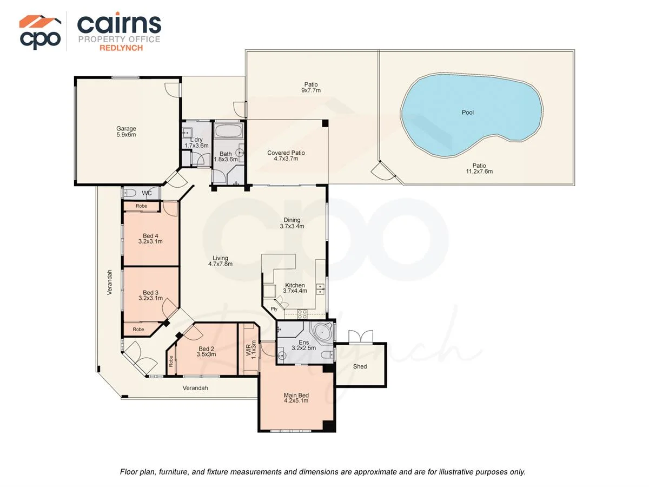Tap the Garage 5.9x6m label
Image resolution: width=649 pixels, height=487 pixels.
[x=126, y=131]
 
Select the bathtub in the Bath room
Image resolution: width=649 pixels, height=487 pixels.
[x=228, y=130]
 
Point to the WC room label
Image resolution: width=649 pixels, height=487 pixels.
[x=147, y=193]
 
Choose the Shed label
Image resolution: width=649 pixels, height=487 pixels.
[x=360, y=366]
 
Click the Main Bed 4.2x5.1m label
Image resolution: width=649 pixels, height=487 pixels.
[x=296, y=398]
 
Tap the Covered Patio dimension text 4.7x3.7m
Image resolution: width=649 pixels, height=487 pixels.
[x=286, y=159]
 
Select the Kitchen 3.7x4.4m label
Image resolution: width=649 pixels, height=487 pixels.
[x=295, y=288]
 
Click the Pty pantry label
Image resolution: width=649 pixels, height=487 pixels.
[x=274, y=309]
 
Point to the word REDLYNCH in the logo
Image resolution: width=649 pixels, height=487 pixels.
[x=121, y=48]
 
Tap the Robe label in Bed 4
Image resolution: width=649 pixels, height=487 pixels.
[x=141, y=206]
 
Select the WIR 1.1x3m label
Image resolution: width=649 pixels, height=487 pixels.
[x=251, y=350]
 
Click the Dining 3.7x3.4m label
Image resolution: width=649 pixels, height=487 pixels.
[x=292, y=223]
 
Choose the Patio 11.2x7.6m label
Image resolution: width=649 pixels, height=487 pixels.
[x=479, y=168]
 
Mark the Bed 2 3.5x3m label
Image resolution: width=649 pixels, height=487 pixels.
[x=206, y=352]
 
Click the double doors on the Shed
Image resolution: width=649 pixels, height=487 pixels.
[x=360, y=337]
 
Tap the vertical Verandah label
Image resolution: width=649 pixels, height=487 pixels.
[x=109, y=282]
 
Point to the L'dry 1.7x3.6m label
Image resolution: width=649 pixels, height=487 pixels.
[x=196, y=142]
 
